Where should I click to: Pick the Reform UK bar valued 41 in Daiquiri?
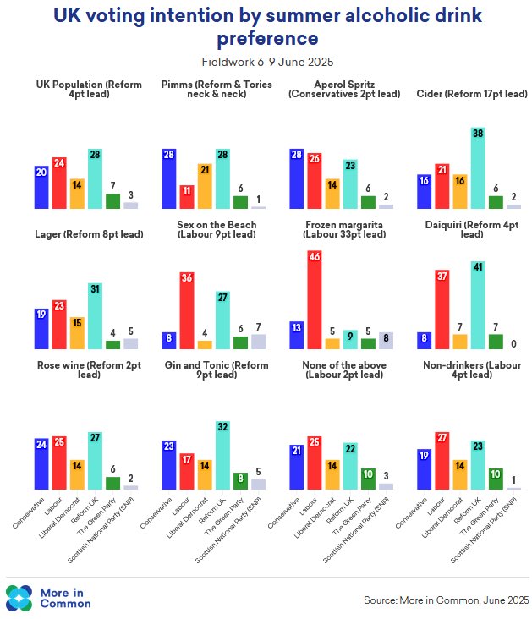pyautogui.click(x=480, y=305)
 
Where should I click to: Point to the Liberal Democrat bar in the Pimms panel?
pyautogui.click(x=206, y=186)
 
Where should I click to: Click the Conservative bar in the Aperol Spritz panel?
pyautogui.click(x=297, y=178)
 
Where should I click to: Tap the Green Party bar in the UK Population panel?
pyautogui.click(x=112, y=200)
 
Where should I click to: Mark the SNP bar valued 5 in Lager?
pyautogui.click(x=130, y=343)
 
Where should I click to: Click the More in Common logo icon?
pyautogui.click(x=19, y=597)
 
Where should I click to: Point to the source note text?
pyautogui.click(x=445, y=600)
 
